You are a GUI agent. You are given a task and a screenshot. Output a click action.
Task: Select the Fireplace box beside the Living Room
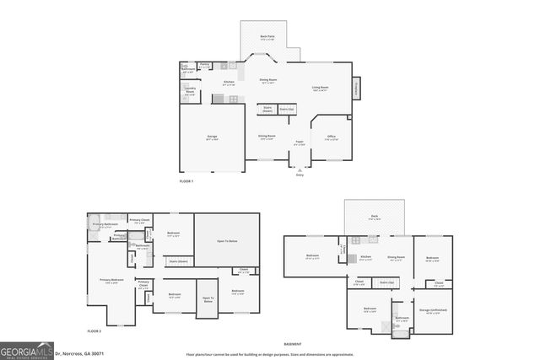356,86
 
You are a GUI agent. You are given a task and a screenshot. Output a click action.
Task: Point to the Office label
332,137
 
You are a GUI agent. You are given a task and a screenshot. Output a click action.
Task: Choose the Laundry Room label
190,91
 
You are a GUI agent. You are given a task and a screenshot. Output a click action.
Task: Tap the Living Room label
320,88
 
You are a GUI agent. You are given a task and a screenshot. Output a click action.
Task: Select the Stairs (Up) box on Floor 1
287,110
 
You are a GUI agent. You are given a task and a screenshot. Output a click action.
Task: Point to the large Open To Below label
226,241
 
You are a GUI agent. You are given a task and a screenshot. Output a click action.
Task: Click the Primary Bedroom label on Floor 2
112,281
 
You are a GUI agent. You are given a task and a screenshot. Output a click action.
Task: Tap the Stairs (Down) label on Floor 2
178,261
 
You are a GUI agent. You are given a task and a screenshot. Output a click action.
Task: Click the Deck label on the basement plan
375,218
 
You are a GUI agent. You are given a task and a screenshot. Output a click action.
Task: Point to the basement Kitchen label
366,257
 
